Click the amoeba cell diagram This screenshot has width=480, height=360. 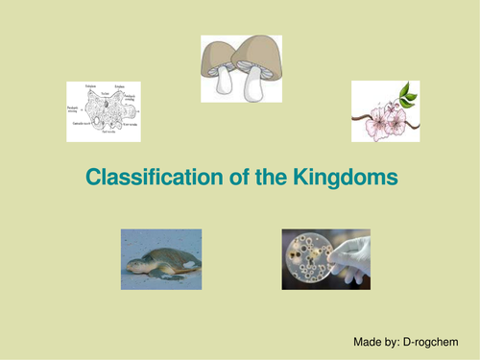click(x=104, y=111)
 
